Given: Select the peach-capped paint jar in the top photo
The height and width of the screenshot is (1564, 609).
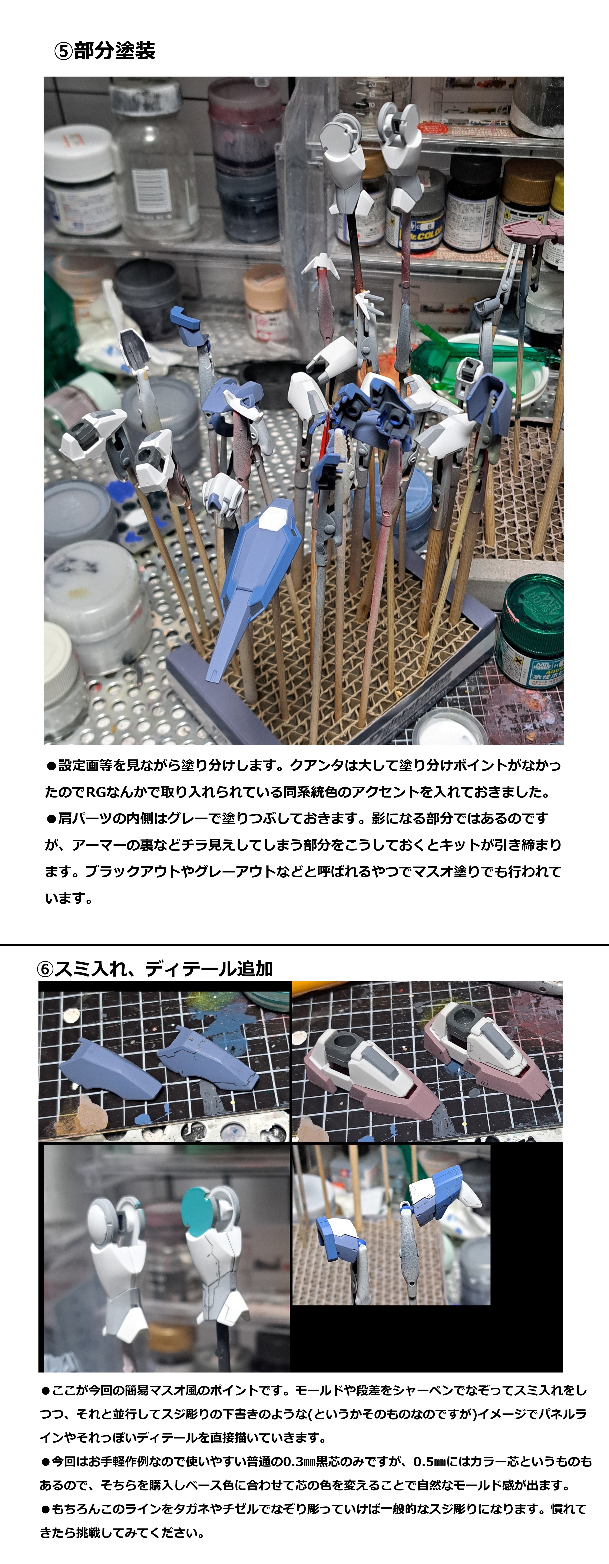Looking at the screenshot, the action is pyautogui.click(x=265, y=304).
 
